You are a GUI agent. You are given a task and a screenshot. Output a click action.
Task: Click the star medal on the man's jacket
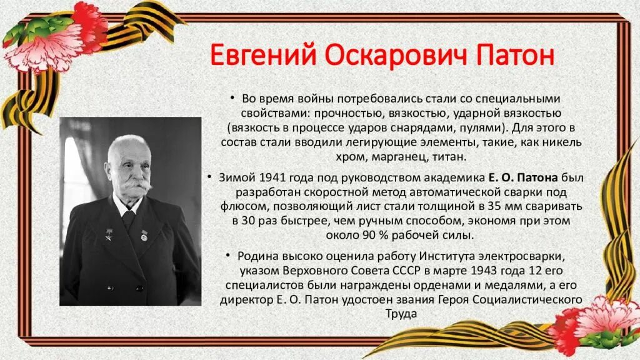click(108, 236)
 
